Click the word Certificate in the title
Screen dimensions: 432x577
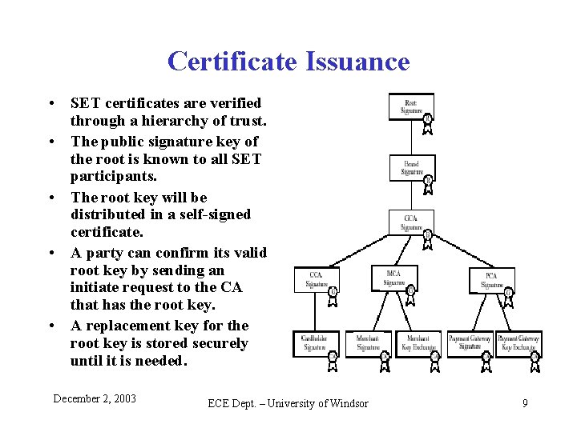(231, 62)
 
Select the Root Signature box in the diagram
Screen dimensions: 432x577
(410, 106)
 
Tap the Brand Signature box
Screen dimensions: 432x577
(411, 168)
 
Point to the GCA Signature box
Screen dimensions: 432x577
(410, 222)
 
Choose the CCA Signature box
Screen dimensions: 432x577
(316, 279)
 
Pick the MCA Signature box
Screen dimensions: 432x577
(393, 278)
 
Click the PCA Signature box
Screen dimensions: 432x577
(491, 280)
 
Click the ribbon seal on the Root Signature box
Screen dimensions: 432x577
(428, 119)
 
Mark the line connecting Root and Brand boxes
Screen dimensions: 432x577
(411, 137)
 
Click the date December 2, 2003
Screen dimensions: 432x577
(95, 398)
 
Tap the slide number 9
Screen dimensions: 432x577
(525, 403)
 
